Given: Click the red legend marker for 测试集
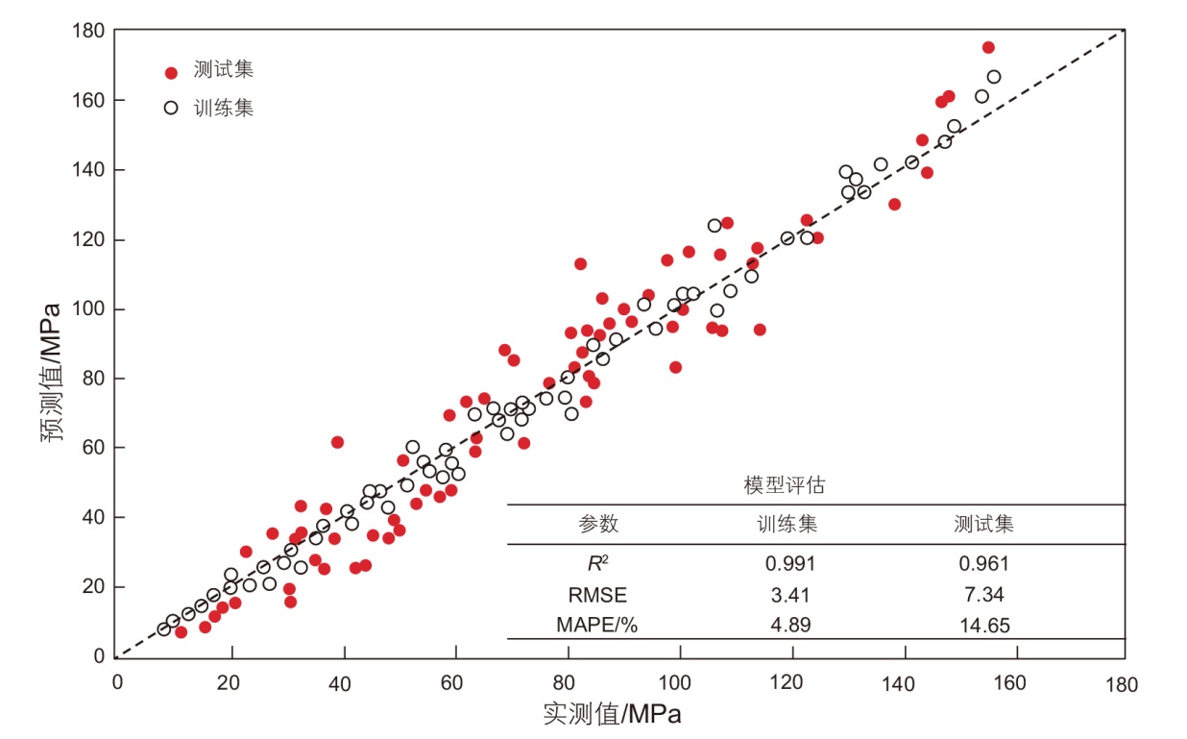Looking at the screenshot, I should (171, 72).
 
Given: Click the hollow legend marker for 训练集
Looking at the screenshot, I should (171, 108).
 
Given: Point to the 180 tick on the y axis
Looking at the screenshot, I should (92, 31).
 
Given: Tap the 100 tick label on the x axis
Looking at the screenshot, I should (678, 684).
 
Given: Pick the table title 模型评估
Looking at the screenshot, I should (784, 486).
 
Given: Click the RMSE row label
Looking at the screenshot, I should (597, 595).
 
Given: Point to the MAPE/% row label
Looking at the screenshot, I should (597, 626).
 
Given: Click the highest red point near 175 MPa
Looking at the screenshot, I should (988, 47).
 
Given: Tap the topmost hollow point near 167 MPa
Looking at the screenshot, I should (994, 77).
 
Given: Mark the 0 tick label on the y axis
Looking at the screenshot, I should (99, 656).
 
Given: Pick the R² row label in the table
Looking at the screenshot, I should (597, 563).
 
